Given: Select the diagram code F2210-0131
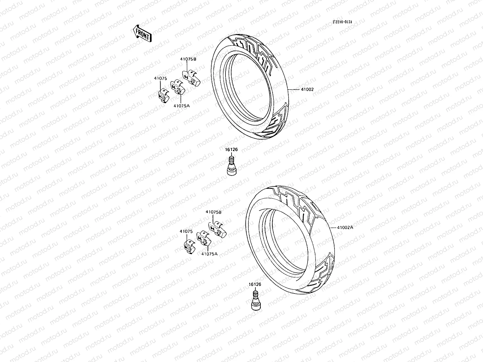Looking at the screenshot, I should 342,22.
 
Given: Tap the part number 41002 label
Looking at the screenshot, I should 307,90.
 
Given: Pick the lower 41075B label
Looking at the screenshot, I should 213,212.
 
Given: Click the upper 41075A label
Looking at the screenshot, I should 181,106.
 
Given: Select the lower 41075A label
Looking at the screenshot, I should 209,254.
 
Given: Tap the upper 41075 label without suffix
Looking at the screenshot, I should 160,78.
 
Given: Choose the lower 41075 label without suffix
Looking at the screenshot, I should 186,231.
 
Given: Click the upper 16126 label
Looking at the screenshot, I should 231,149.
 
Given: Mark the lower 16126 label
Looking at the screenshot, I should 255,284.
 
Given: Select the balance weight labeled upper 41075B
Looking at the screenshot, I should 190,77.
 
